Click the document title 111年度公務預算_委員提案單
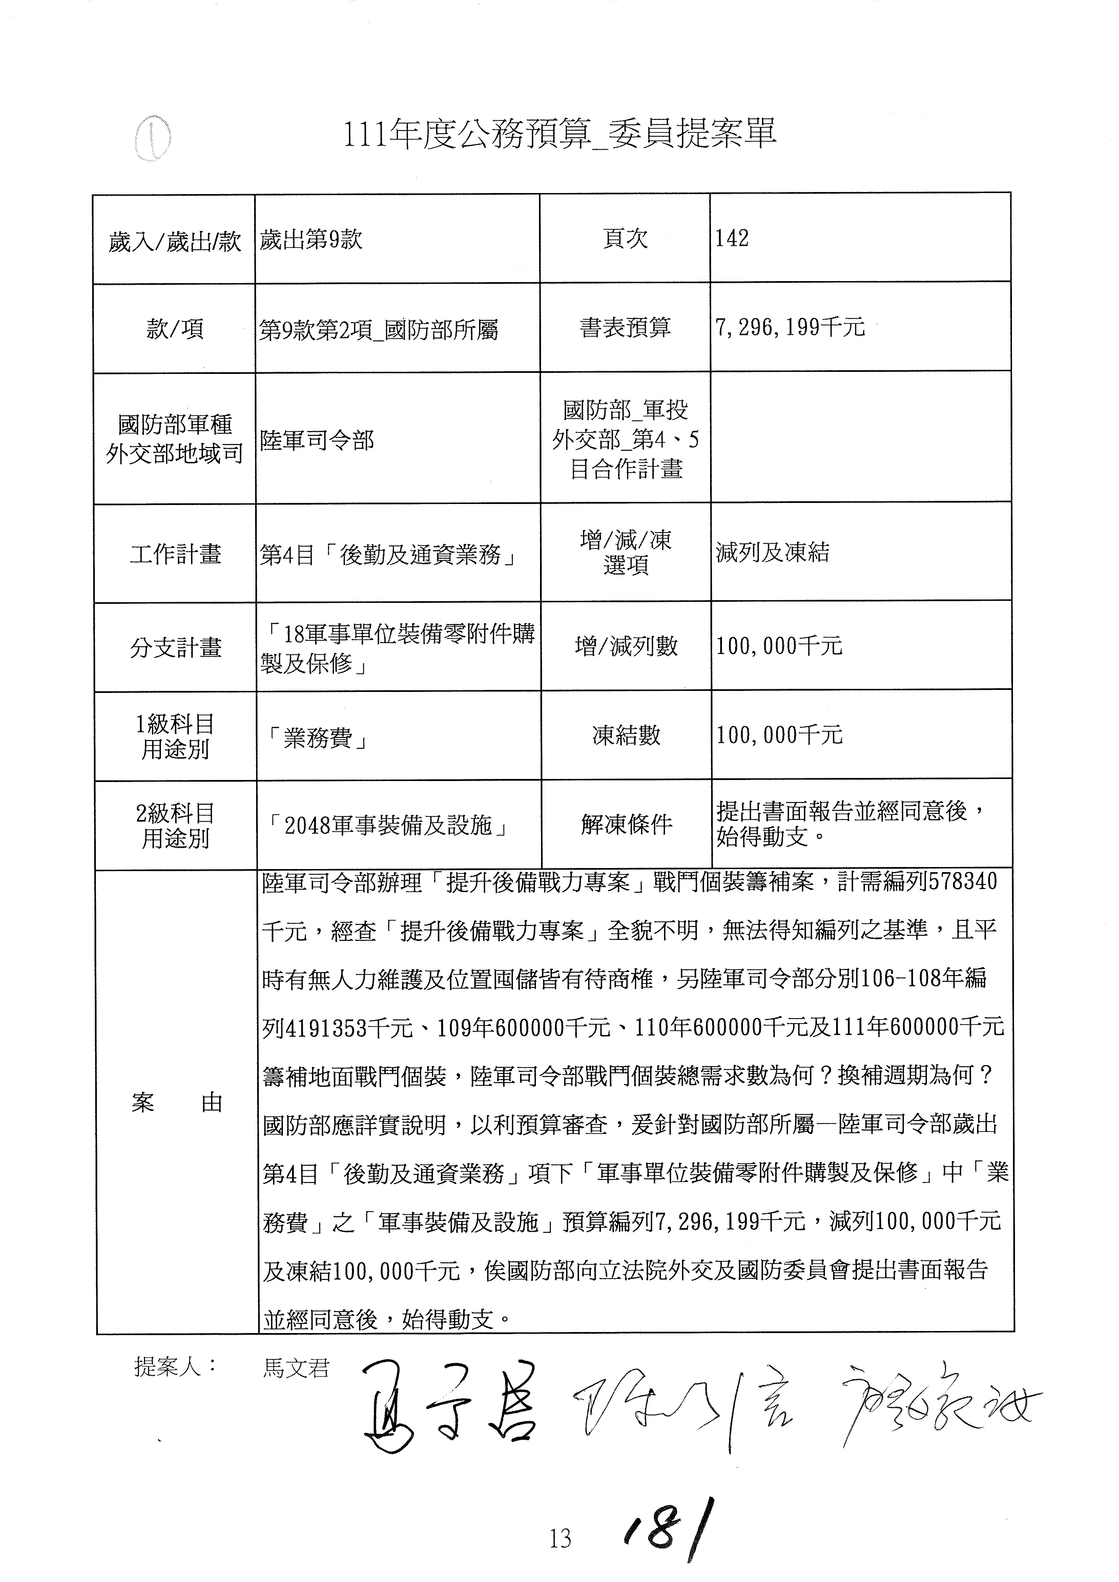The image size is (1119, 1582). click(560, 134)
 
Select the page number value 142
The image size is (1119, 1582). click(732, 238)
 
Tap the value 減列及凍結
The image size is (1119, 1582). click(772, 553)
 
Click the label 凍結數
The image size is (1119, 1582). click(626, 735)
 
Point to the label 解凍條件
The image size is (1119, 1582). click(626, 824)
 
